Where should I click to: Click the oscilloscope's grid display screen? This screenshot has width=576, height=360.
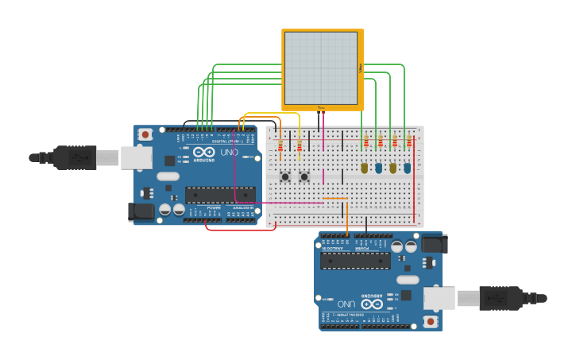[321, 68]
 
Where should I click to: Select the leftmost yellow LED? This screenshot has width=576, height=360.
[365, 168]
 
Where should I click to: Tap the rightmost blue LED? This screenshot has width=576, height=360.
[407, 168]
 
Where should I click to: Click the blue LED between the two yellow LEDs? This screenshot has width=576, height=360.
[379, 168]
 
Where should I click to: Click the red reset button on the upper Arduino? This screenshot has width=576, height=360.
[145, 135]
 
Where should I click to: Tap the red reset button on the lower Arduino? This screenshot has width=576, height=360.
[430, 321]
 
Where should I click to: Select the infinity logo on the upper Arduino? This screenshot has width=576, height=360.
[203, 152]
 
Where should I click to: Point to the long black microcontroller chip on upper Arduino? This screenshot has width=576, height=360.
[220, 195]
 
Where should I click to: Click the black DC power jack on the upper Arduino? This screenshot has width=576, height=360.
[141, 211]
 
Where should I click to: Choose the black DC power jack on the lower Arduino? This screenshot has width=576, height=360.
[434, 243]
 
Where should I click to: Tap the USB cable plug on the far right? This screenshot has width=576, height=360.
[501, 298]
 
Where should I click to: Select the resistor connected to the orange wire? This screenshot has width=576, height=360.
[280, 146]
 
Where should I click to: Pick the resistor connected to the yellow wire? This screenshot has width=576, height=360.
[300, 145]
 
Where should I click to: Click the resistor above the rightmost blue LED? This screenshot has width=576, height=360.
[409, 143]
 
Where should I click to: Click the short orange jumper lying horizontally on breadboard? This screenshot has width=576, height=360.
[334, 199]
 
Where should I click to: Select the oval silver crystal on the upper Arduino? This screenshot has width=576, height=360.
[169, 188]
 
